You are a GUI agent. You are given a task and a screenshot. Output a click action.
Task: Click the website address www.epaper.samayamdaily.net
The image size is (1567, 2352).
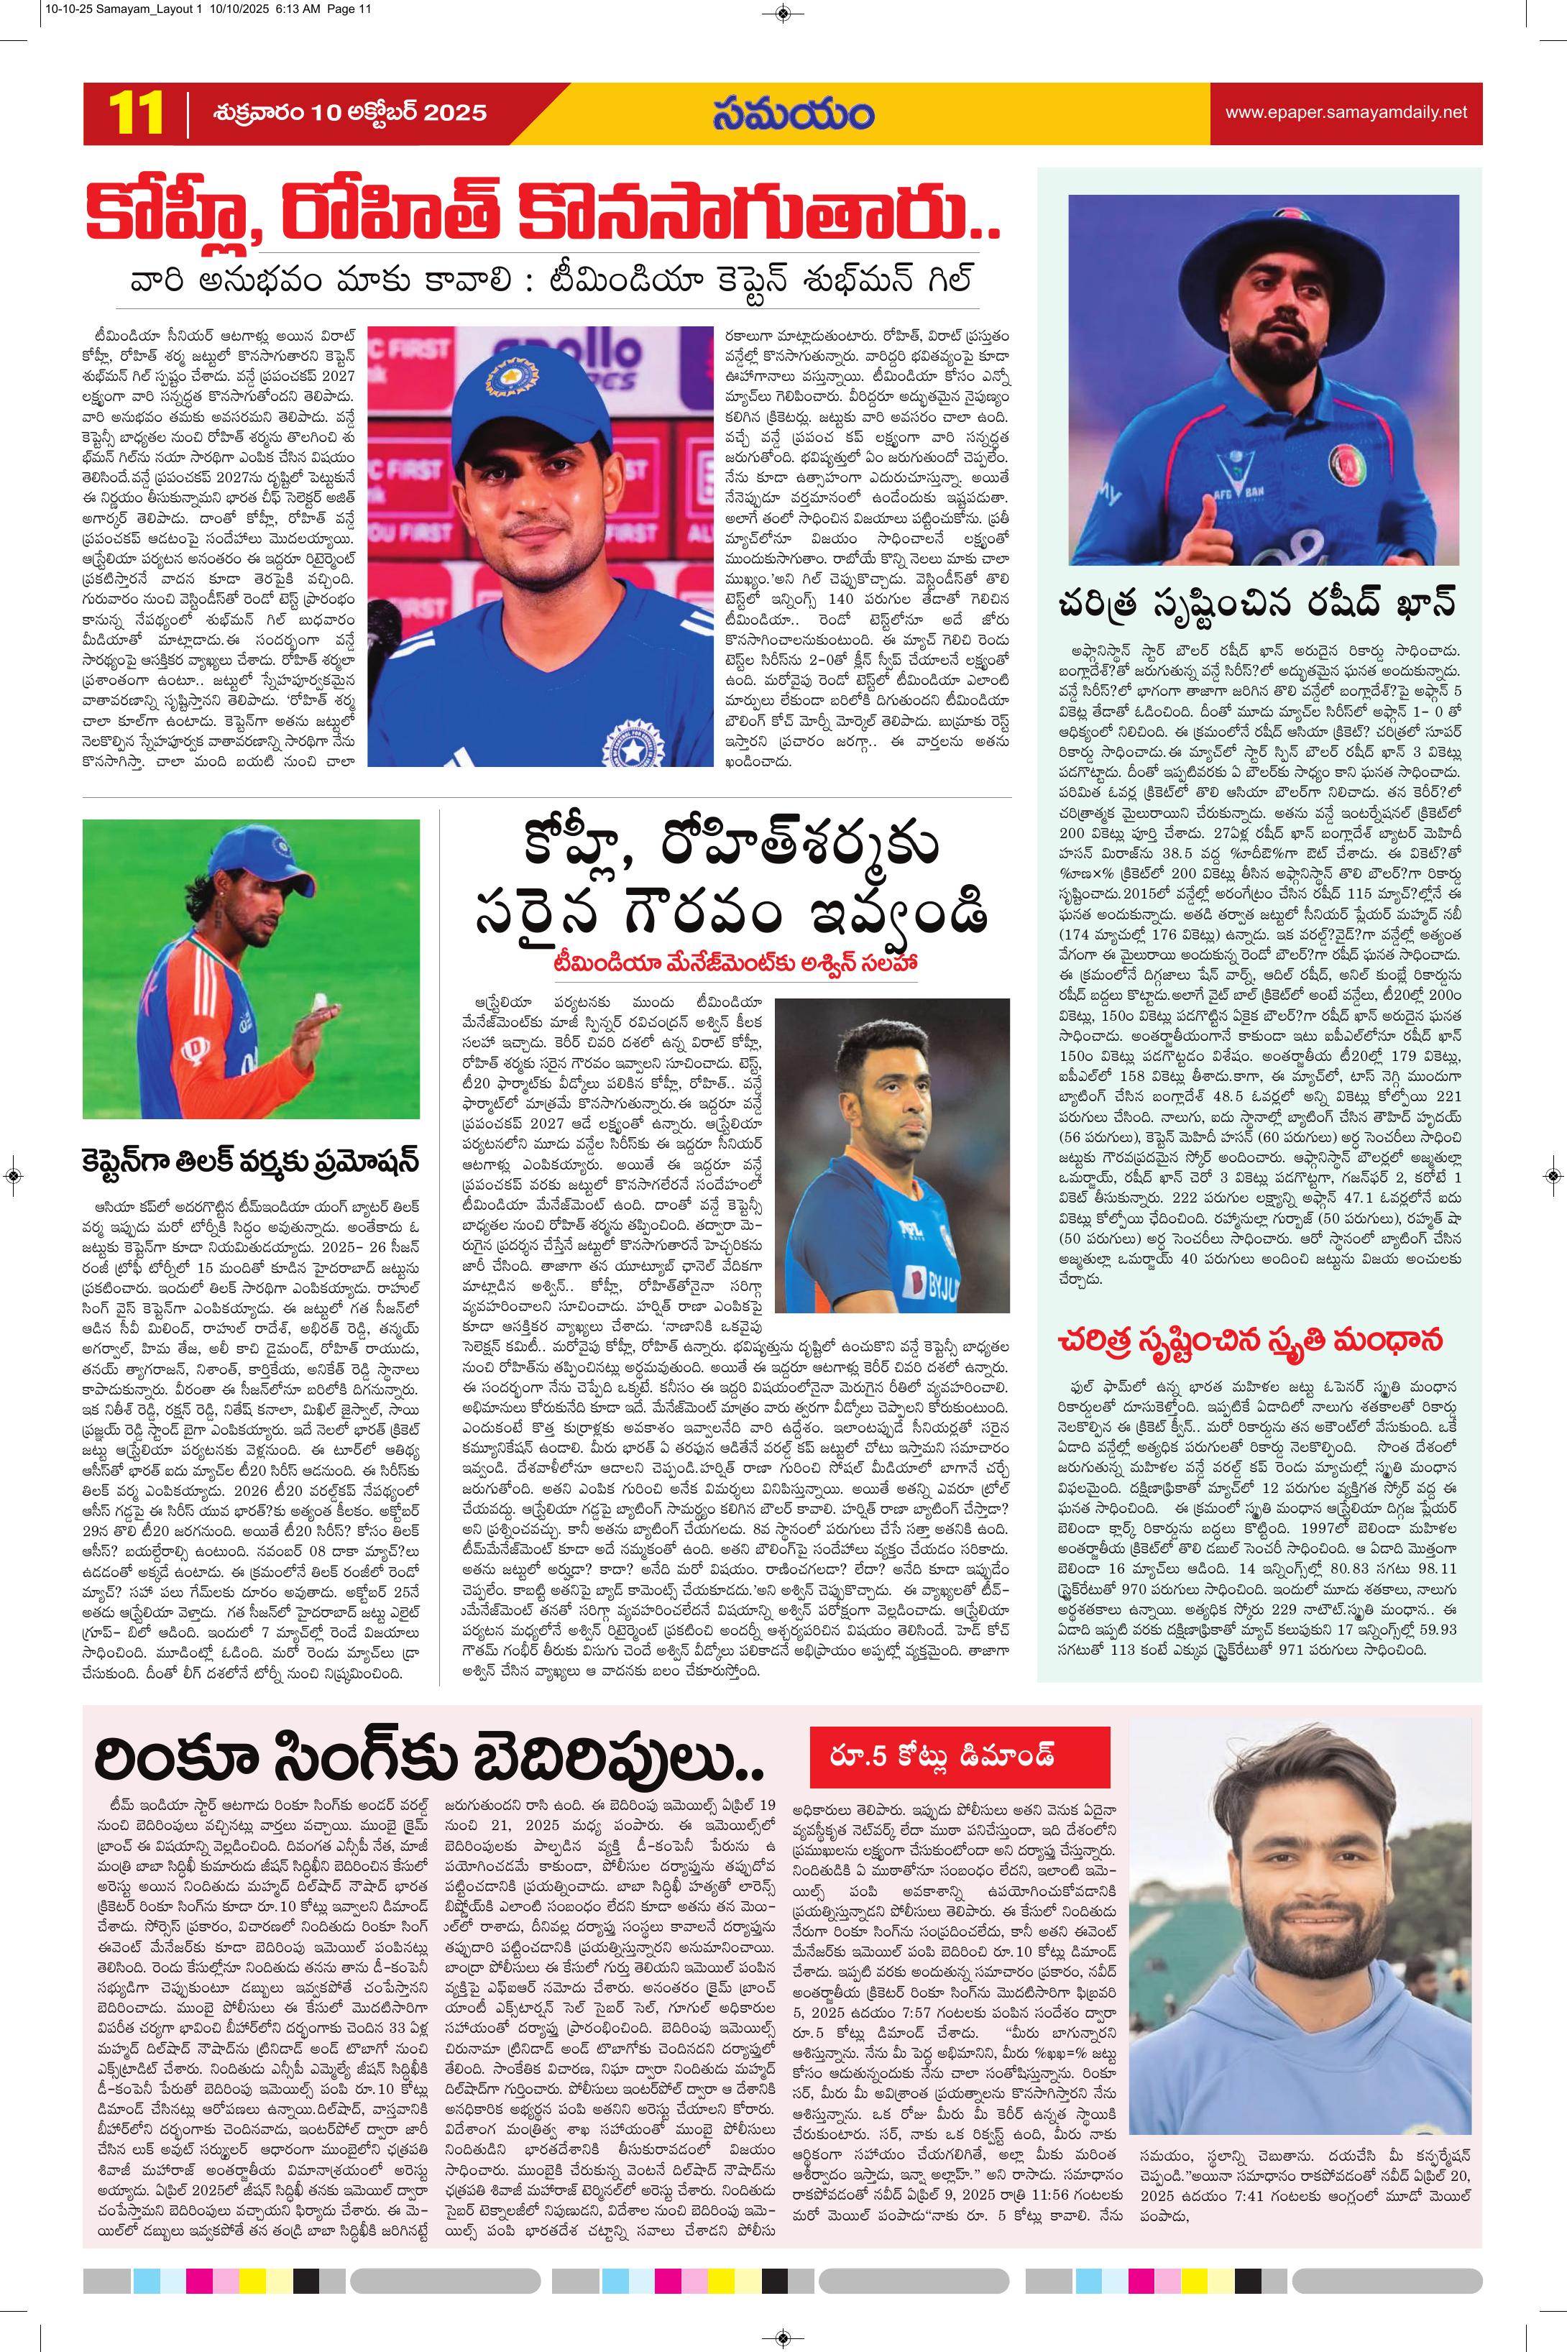click(1346, 113)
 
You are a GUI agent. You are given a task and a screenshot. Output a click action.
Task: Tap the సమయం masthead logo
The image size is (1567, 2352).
click(794, 113)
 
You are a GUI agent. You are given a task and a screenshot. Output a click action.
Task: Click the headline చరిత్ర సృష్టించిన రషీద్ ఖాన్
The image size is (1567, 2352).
click(1257, 604)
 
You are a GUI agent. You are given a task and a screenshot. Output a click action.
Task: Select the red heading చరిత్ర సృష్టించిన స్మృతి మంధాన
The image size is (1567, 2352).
click(1258, 1339)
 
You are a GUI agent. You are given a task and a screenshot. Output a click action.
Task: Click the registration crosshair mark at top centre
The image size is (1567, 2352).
click(783, 13)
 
